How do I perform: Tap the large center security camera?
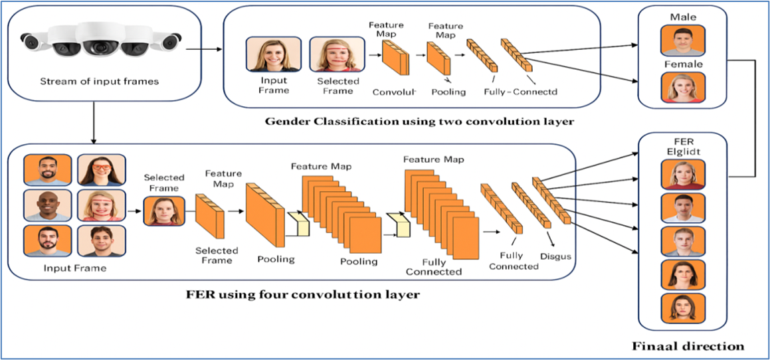[x=97, y=41]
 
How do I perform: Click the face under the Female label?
[x=683, y=88]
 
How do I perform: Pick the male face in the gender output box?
[x=683, y=41]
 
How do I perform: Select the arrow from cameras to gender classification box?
[x=203, y=49]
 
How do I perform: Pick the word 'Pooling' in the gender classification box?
[x=448, y=92]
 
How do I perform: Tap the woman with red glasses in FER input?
[x=101, y=170]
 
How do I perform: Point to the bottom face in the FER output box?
[x=683, y=308]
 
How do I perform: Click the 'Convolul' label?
[x=394, y=92]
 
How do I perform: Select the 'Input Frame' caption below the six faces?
[x=75, y=268]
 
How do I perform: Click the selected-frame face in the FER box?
[x=164, y=210]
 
